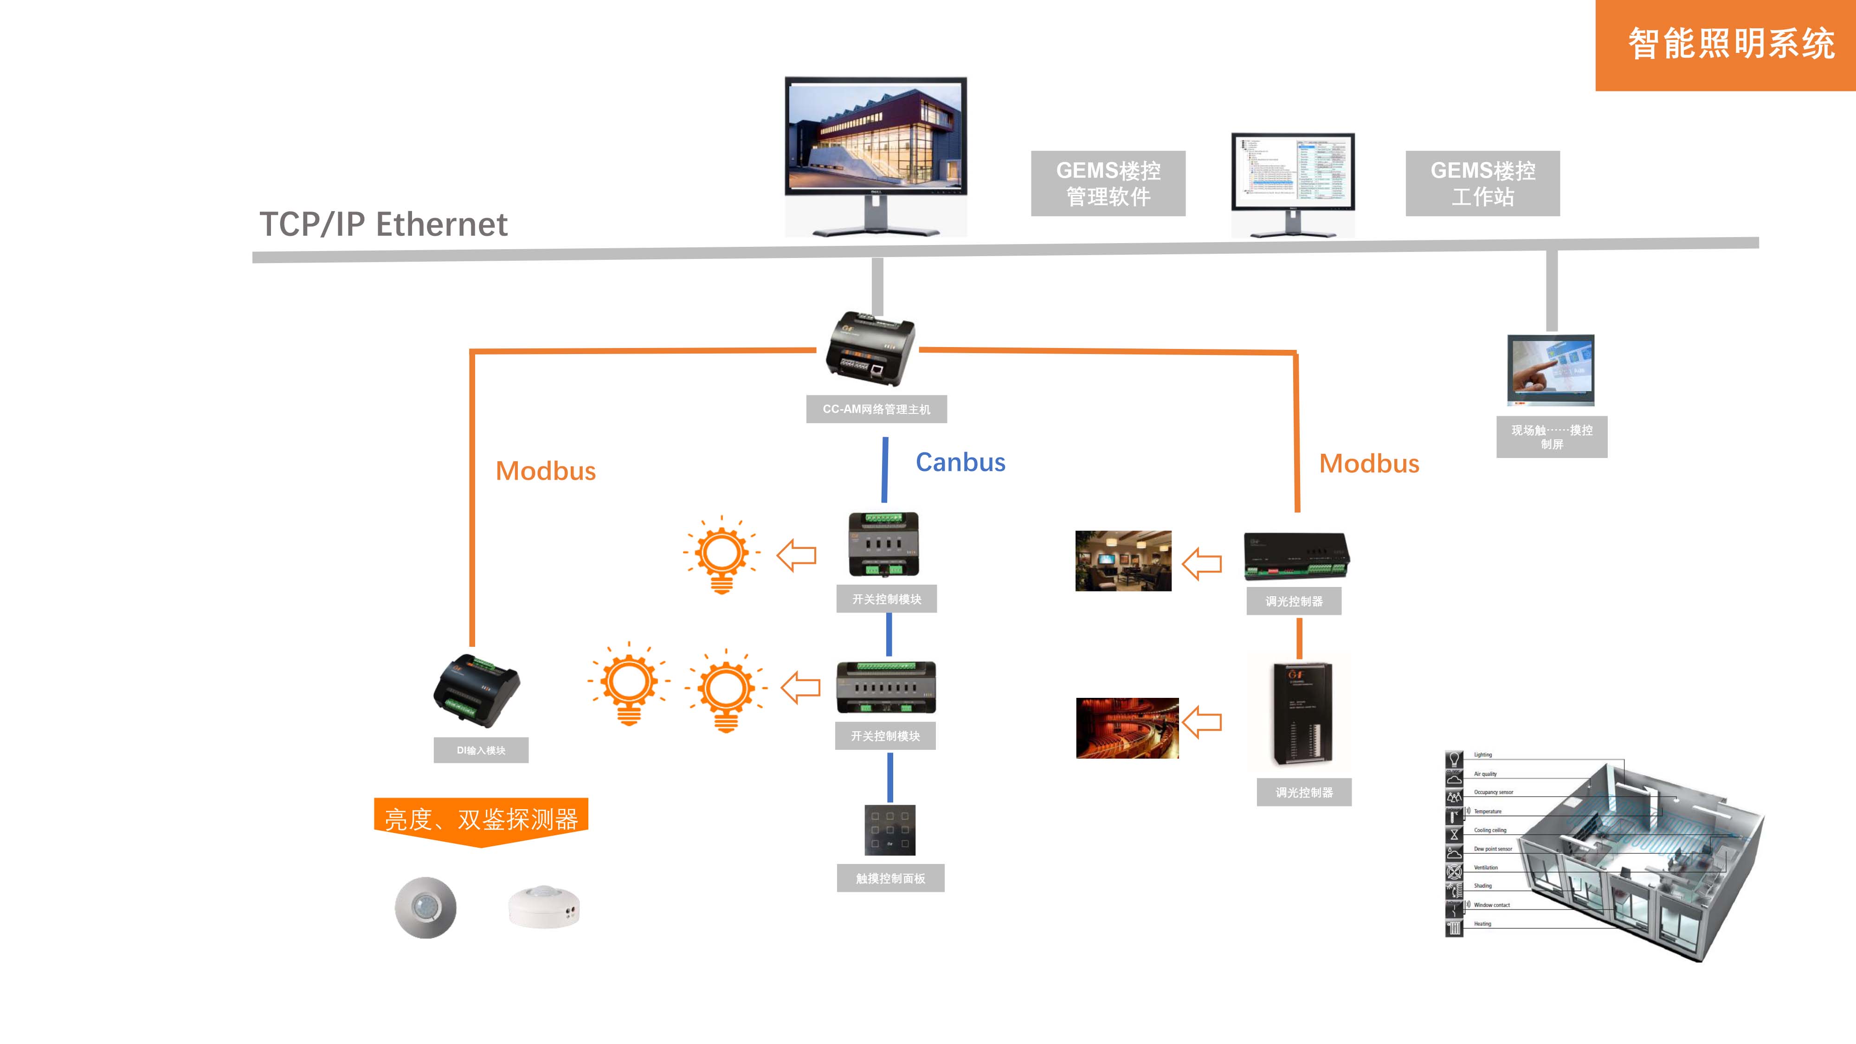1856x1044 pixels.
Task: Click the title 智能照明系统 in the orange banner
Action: click(1731, 44)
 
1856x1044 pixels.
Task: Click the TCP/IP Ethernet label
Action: click(383, 225)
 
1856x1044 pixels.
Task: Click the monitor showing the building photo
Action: click(876, 137)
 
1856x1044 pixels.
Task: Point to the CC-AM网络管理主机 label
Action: click(876, 409)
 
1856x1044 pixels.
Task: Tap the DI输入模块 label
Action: click(481, 750)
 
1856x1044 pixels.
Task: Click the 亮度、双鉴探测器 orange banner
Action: click(481, 820)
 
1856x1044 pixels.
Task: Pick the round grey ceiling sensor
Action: click(425, 907)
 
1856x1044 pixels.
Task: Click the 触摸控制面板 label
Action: click(890, 878)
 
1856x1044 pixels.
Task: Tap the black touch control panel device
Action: click(890, 830)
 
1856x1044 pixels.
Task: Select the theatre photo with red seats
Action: click(1127, 728)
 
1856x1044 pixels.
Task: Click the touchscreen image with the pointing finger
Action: click(1551, 370)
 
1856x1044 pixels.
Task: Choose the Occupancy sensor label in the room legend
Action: click(1493, 793)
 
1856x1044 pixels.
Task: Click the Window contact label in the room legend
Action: click(1491, 905)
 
